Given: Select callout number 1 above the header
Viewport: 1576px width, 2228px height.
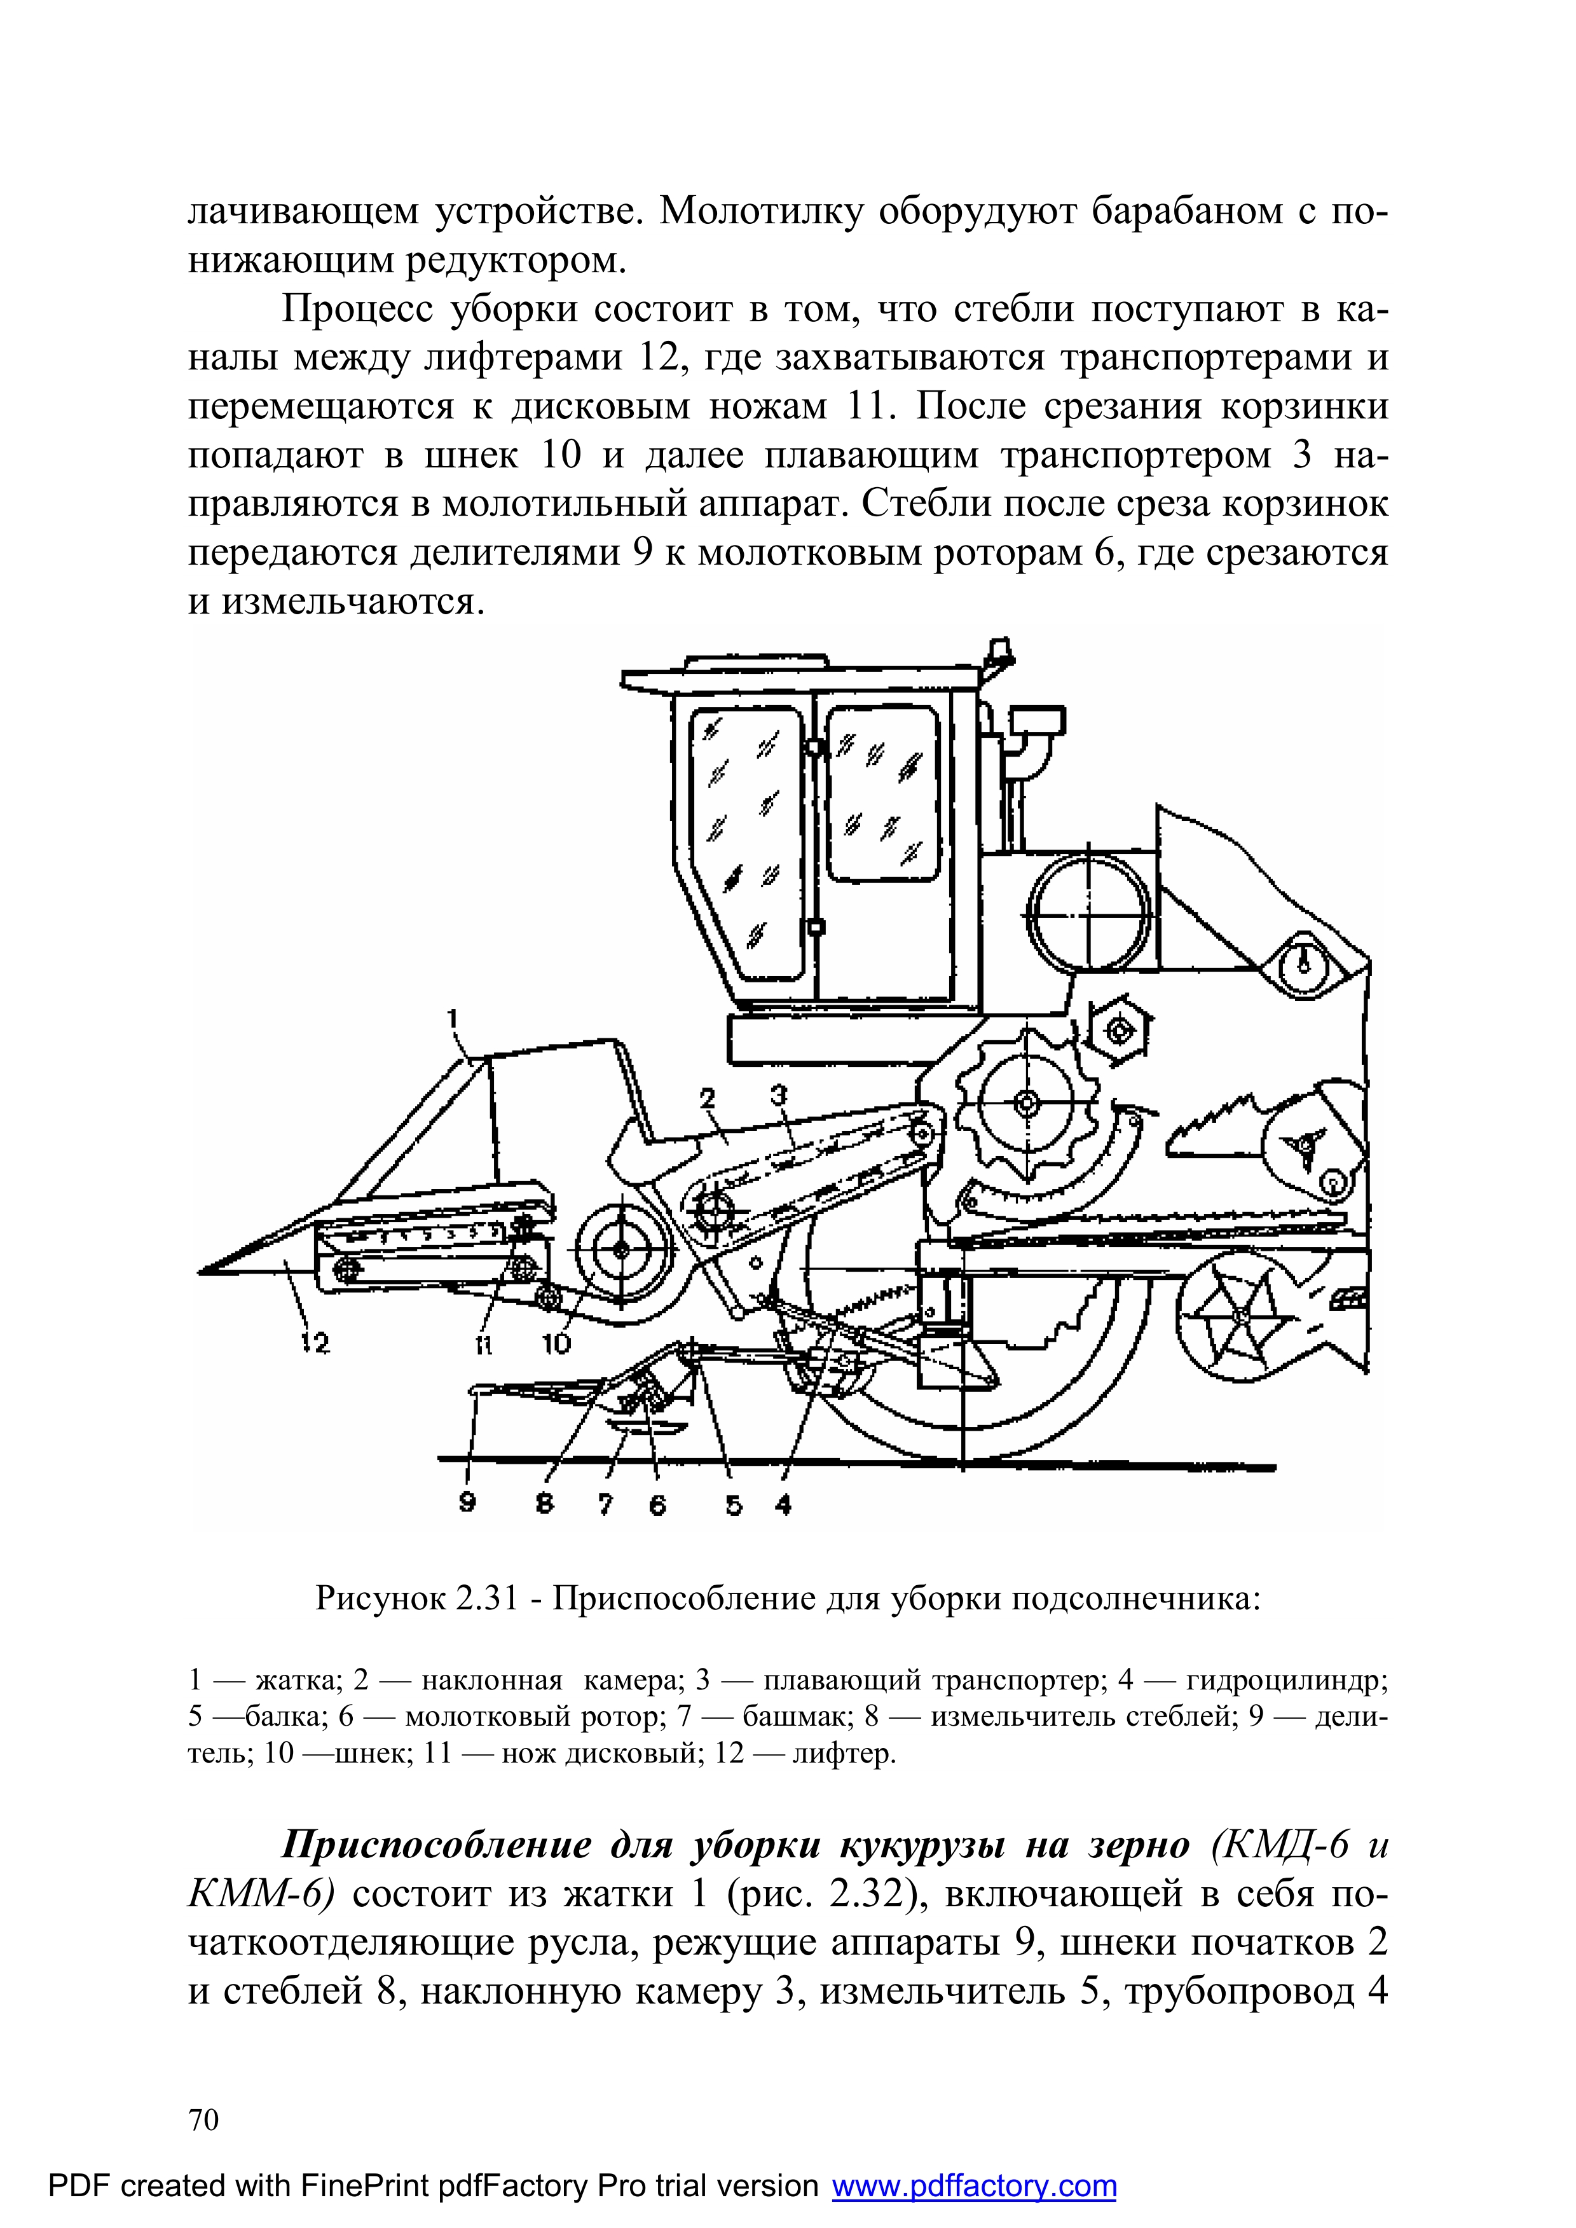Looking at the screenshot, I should [x=452, y=1017].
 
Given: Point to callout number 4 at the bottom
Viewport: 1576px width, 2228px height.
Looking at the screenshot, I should [x=783, y=1504].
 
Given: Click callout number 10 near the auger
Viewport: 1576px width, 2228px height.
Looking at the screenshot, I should [x=557, y=1343].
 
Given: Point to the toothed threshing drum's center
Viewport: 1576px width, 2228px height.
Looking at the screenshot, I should [x=1025, y=1103].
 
